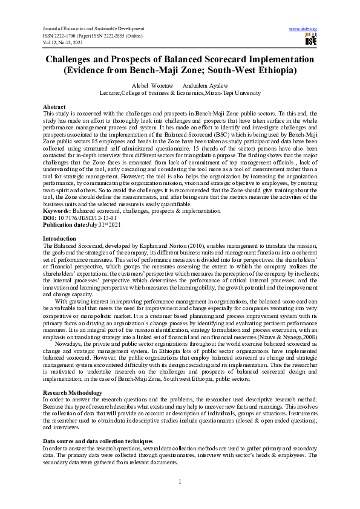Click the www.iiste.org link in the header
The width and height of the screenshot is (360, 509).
[304, 29]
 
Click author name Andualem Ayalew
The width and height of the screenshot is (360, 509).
[207, 86]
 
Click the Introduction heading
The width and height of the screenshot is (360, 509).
[60, 239]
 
